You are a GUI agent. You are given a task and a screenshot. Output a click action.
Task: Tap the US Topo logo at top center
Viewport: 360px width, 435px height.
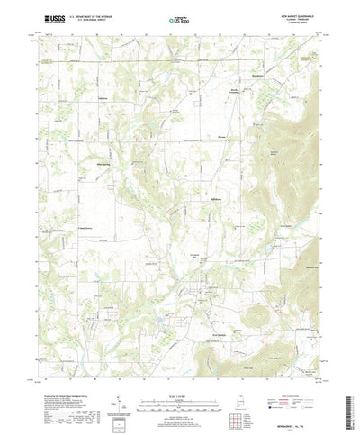[x=180, y=18]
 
